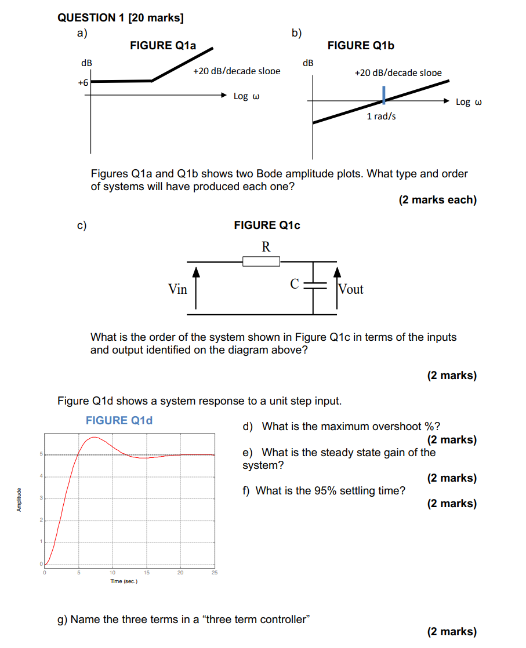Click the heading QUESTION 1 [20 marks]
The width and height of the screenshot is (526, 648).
tap(121, 18)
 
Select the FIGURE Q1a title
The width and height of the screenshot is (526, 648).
tap(163, 45)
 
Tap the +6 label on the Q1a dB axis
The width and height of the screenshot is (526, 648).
tap(83, 83)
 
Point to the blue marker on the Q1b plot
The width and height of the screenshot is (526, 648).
tap(383, 95)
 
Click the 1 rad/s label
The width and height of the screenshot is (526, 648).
tap(382, 117)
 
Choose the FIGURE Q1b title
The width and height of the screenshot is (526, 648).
tap(361, 46)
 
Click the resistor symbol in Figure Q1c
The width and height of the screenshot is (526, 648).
tap(261, 262)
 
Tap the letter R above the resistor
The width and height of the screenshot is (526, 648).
tap(266, 247)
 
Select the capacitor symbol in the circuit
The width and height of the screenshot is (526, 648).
tap(314, 285)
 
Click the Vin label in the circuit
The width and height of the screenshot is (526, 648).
tap(177, 289)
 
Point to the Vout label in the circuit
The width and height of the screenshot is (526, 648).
tap(351, 289)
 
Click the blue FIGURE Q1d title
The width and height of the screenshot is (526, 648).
tap(119, 421)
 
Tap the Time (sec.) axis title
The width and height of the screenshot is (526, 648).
tap(124, 581)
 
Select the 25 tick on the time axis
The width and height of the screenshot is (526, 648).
tap(214, 573)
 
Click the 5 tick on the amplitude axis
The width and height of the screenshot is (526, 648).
tap(41, 454)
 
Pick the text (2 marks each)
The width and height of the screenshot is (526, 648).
tap(437, 200)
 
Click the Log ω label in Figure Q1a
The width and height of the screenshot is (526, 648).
tap(246, 96)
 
